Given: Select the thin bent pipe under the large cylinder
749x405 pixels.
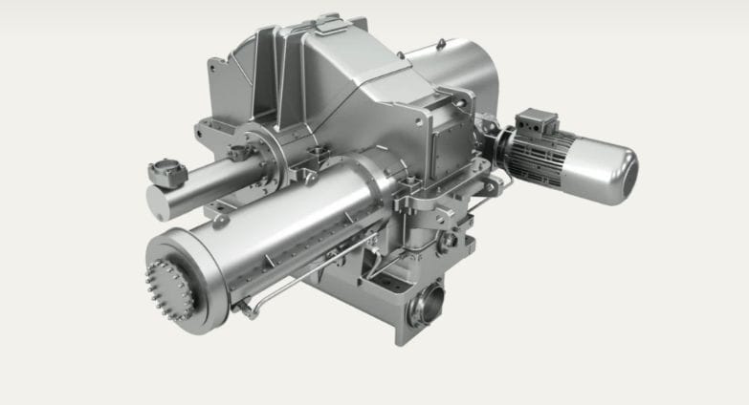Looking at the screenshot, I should (x=287, y=288).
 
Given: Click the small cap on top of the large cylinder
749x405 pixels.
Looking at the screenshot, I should (x=221, y=221).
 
